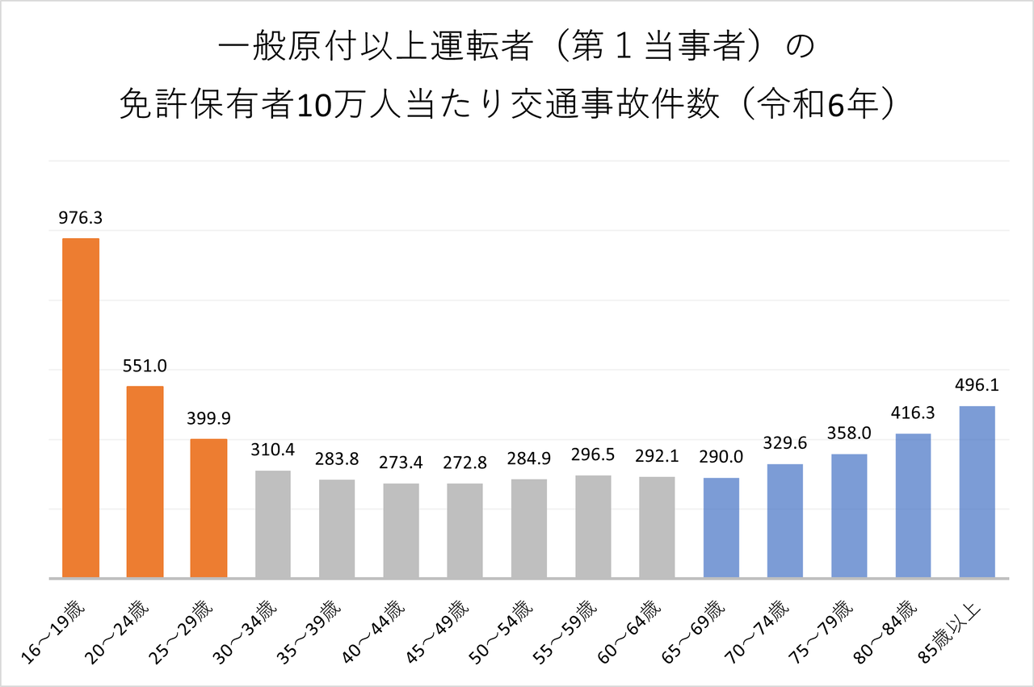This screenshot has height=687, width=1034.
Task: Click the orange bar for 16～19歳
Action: click(x=81, y=408)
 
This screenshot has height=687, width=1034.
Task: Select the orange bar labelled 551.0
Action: click(x=145, y=482)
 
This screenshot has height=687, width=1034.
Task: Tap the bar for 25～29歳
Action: click(x=208, y=509)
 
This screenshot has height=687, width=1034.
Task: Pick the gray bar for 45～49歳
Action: click(x=464, y=530)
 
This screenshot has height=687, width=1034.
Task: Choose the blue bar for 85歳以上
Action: click(x=977, y=492)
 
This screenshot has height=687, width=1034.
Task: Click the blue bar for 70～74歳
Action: click(x=785, y=521)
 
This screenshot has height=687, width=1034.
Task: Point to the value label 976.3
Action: click(x=81, y=218)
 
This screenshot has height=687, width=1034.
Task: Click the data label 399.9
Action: click(x=208, y=419)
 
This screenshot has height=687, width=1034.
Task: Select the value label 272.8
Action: click(x=464, y=463)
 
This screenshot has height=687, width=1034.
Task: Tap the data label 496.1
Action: click(x=977, y=386)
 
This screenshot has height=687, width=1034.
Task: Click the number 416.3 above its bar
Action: click(x=913, y=413)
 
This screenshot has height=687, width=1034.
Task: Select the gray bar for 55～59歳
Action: click(x=593, y=526)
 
